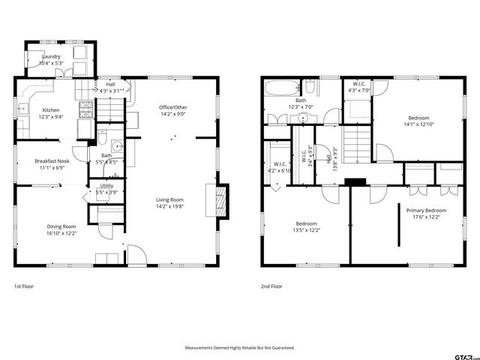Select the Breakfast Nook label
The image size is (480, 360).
pyautogui.click(x=52, y=160)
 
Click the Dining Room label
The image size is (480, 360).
pyautogui.click(x=61, y=226)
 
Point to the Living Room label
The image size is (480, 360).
pyautogui.click(x=169, y=199)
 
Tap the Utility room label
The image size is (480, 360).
pyautogui.click(x=106, y=185)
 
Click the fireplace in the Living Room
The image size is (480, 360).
pyautogui.click(x=220, y=201)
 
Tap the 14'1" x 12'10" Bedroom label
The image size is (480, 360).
pyautogui.click(x=418, y=118)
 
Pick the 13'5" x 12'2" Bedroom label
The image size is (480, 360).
pyautogui.click(x=306, y=223)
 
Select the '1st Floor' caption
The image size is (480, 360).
pyautogui.click(x=23, y=286)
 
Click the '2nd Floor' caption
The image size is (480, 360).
pyautogui.click(x=271, y=286)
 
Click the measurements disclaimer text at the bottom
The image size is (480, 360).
pyautogui.click(x=240, y=348)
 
